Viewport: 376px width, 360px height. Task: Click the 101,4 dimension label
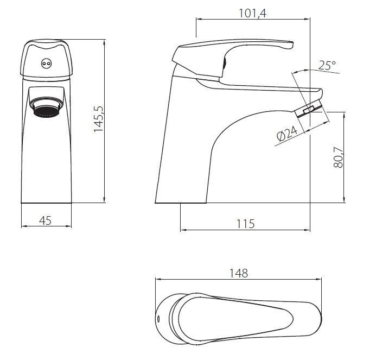coord(253,13)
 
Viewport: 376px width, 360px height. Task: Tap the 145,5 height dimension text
coord(98,119)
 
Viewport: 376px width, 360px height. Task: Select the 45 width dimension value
coord(46,220)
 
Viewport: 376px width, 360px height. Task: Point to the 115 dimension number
coord(246,224)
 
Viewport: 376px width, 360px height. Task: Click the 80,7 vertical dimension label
coord(339,157)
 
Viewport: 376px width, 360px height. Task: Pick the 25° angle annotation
coord(327,65)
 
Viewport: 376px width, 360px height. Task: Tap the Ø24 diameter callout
coord(287,134)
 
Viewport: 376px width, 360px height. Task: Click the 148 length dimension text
coord(239,273)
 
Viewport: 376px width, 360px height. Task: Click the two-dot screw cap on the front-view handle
coord(46,64)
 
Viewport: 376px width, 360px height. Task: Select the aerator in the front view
coord(46,107)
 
